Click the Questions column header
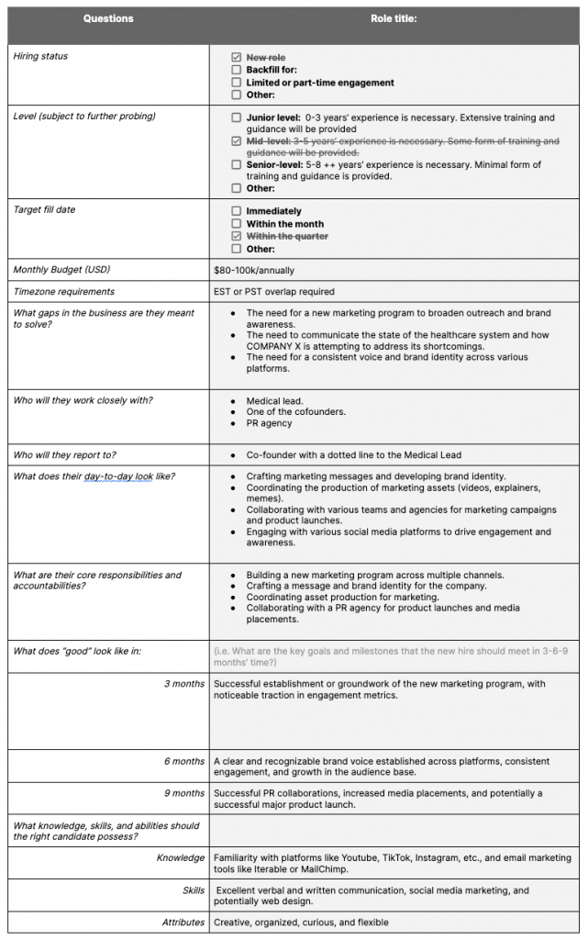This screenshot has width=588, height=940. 108,18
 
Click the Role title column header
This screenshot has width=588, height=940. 394,18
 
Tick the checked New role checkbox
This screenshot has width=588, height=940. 237,57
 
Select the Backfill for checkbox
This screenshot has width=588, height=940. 237,70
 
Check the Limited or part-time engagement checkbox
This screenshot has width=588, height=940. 237,83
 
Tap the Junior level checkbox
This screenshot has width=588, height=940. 237,118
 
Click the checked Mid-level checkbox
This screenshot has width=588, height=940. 237,141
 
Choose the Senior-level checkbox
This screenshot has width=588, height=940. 237,165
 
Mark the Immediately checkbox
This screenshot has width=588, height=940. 237,211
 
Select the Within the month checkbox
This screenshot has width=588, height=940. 237,224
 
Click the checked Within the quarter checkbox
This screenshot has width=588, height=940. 237,237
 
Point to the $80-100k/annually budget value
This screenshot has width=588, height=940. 254,271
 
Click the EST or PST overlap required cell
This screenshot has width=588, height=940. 274,292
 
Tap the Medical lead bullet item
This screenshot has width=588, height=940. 274,401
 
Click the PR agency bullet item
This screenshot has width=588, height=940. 269,423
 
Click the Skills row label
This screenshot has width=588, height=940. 193,890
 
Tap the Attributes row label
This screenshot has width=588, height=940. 183,922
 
